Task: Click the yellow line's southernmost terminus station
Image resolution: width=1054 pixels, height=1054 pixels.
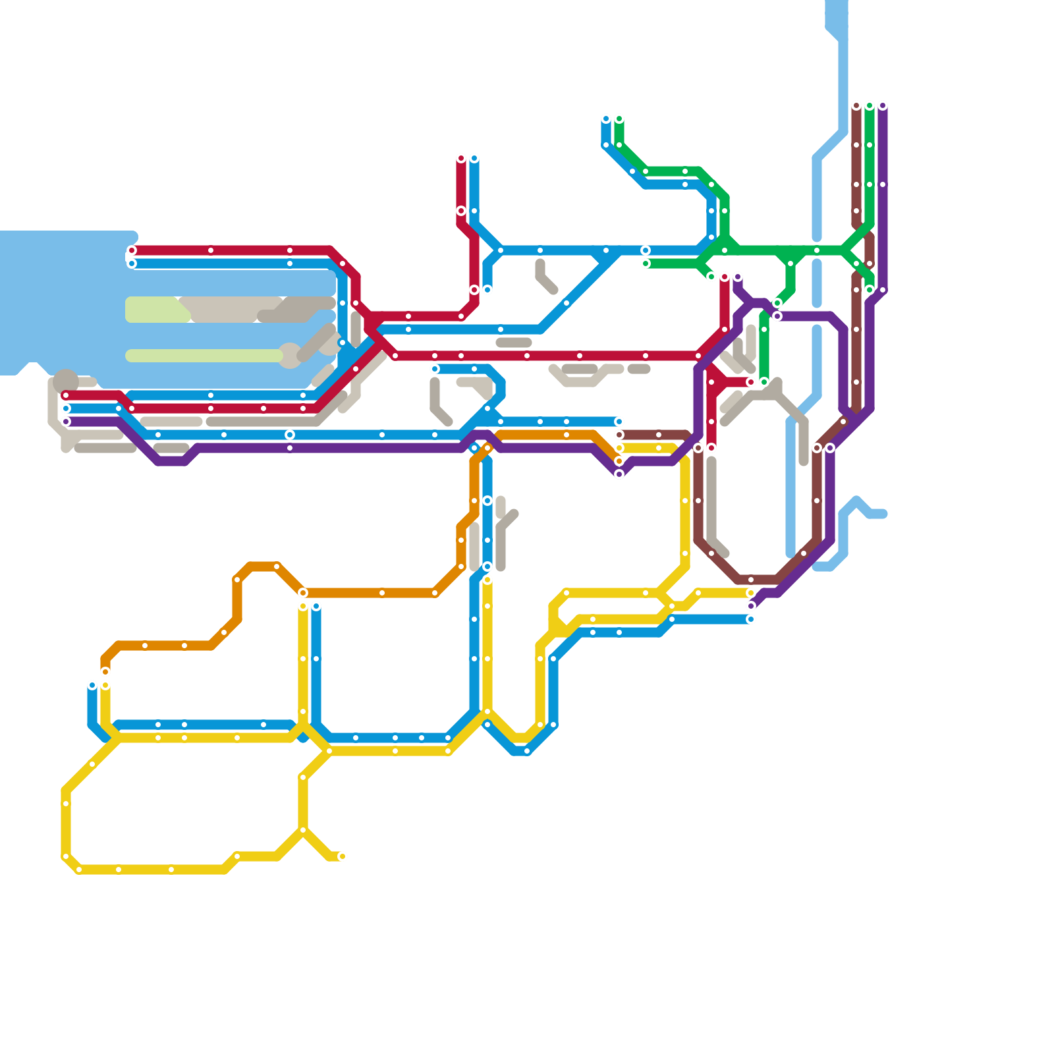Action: pos(342,856)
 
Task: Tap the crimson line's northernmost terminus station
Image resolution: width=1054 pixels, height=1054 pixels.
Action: pos(461,159)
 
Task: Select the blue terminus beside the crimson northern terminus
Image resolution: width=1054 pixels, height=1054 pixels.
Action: pos(474,159)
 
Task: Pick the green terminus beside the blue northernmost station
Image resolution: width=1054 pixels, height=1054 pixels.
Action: pos(619,119)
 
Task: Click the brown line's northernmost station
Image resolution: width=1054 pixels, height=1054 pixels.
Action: pos(856,106)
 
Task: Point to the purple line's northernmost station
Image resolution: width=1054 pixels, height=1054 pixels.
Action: pos(883,106)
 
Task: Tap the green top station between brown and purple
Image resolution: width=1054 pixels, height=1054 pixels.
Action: pos(870,106)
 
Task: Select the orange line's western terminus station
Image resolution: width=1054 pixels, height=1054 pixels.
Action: pos(105,672)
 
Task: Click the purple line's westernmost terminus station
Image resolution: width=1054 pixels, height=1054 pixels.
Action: pos(66,422)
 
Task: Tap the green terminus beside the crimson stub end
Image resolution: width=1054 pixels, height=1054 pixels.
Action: pos(764,382)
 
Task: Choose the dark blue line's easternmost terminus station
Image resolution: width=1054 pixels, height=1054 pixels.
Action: pos(750,619)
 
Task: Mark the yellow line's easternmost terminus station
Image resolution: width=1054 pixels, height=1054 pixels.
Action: pos(750,593)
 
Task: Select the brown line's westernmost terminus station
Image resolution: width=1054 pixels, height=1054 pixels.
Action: pos(619,435)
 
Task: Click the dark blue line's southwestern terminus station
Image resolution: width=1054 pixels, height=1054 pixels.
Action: pos(92,686)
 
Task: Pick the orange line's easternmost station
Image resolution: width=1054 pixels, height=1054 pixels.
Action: pos(619,461)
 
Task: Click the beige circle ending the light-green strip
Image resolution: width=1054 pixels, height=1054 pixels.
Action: pos(290,356)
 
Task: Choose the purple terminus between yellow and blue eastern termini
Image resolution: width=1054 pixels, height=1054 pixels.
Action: pos(751,606)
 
